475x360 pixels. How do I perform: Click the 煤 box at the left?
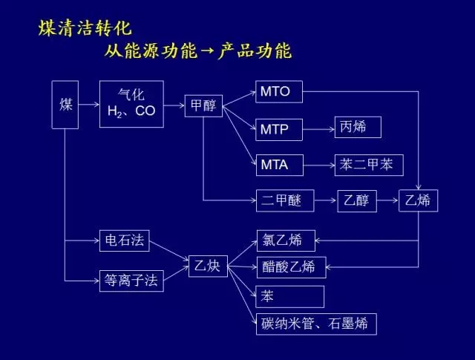point(65,105)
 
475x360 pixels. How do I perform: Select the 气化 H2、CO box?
point(131,104)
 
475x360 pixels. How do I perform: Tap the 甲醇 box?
point(203,105)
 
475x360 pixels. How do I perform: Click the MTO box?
point(279,91)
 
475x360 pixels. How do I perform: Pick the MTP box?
point(279,130)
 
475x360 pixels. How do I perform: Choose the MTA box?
point(280,165)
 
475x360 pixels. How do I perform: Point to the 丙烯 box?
point(358,127)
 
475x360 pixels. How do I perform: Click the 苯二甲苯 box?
point(369,165)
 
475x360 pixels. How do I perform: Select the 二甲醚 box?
point(285,200)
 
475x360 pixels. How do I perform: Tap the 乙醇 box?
point(357,201)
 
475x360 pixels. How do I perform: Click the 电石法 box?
point(125,240)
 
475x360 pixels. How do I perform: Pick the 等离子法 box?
point(131,281)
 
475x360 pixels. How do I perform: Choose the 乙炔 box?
point(208,266)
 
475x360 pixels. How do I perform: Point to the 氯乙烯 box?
point(286,240)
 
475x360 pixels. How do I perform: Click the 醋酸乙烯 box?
point(292,267)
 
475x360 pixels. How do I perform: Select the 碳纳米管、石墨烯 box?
point(316,324)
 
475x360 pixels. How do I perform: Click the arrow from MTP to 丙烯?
point(318,129)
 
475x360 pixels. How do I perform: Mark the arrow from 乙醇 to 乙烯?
point(387,200)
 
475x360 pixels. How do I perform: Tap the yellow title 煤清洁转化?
point(85,28)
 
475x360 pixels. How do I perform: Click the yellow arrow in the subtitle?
point(208,50)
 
